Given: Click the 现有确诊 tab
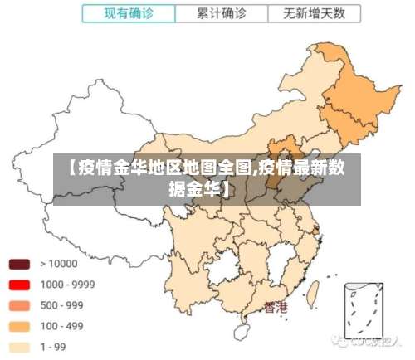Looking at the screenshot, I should point(129,14).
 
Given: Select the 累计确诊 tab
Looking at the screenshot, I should point(222,14).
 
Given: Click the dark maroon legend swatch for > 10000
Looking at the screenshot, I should point(20,265).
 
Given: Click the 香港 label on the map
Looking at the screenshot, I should point(276,308).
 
